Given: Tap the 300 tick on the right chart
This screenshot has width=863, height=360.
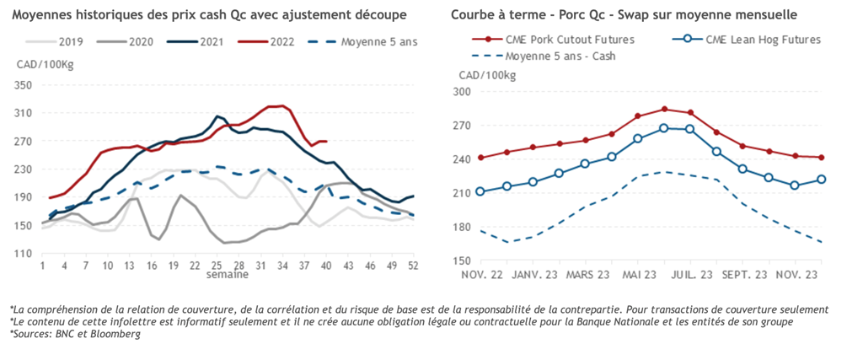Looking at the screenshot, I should (x=464, y=91).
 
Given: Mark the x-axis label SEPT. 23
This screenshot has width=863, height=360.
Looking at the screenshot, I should (x=742, y=276).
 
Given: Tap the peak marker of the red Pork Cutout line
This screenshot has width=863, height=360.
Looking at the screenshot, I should (x=664, y=109).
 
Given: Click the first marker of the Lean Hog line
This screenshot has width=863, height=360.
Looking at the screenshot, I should (x=480, y=191).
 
